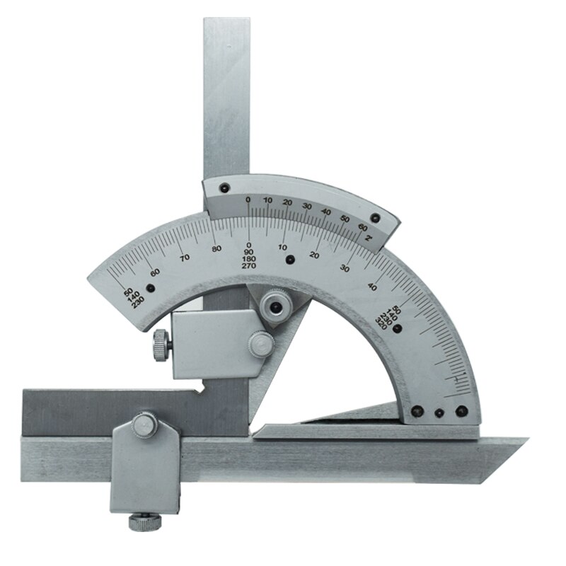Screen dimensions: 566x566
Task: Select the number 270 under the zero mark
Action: [248, 266]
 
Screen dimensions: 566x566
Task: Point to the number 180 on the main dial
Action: [248, 259]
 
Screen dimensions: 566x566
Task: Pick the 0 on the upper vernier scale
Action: [248, 201]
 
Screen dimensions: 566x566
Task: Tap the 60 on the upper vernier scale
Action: [363, 227]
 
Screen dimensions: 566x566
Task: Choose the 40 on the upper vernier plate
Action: [325, 212]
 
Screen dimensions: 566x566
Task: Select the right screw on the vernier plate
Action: [375, 218]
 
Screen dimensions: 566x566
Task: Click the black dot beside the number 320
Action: [398, 329]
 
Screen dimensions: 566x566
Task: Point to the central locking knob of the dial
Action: [272, 306]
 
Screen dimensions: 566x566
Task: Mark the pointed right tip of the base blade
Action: [527, 440]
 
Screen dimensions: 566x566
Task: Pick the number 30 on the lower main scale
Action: [345, 268]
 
